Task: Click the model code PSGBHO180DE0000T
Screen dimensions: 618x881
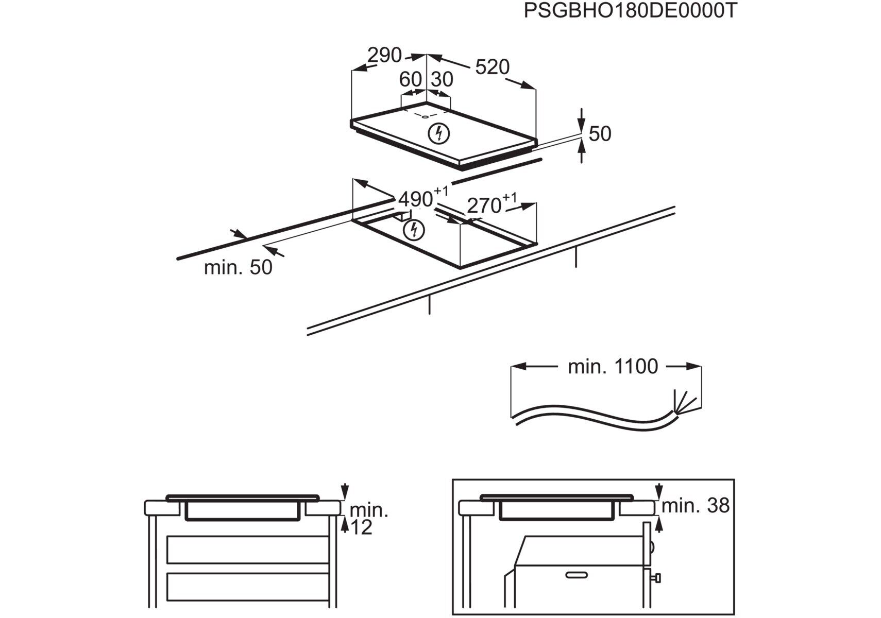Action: click(630, 11)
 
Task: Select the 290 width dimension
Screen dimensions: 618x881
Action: click(384, 55)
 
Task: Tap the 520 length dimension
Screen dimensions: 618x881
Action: click(492, 67)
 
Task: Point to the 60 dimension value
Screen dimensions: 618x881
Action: click(410, 79)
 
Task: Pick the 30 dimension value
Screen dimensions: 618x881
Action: click(442, 79)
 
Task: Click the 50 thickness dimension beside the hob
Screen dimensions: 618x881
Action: click(600, 134)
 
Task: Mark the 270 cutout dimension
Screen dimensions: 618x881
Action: click(484, 205)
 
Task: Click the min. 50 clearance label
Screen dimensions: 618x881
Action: click(238, 268)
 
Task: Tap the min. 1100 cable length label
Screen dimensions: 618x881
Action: click(613, 367)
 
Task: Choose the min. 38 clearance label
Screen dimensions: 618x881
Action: click(695, 506)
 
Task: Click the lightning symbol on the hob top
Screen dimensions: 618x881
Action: click(439, 133)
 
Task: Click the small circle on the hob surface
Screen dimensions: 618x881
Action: click(425, 116)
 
